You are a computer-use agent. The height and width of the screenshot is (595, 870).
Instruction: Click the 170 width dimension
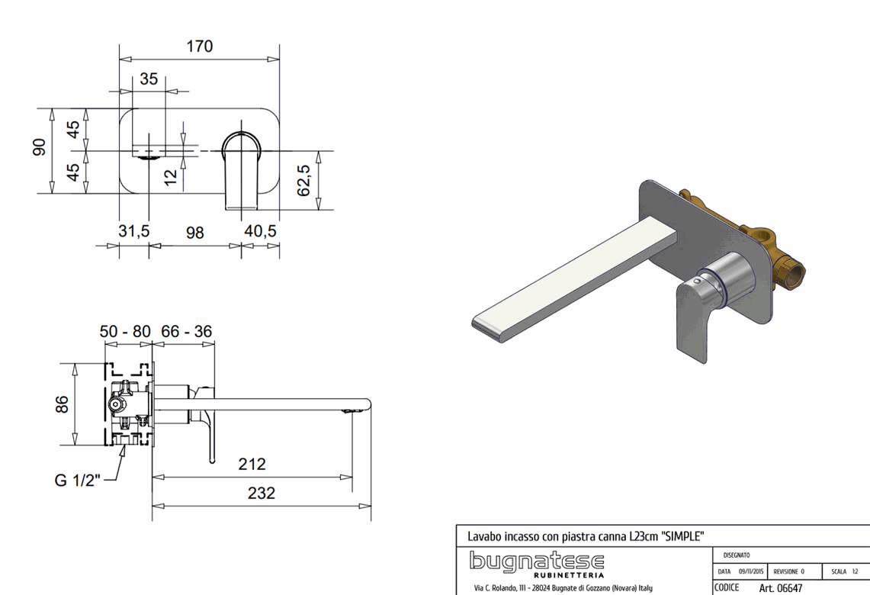coord(200,46)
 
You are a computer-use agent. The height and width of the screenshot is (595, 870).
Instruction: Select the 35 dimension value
coord(149,79)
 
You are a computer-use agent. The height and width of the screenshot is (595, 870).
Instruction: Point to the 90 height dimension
coord(40,147)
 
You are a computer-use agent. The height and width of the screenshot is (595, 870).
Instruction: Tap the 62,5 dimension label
coord(303,180)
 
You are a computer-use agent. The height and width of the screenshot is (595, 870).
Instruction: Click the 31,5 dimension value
coord(133,230)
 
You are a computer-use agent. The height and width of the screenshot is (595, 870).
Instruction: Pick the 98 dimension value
coord(194,232)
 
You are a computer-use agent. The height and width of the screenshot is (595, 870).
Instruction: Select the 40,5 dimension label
coord(260,230)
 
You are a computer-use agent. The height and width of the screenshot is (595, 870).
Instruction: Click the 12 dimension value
coord(171,177)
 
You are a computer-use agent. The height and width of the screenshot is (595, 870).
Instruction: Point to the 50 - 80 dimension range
coord(125,331)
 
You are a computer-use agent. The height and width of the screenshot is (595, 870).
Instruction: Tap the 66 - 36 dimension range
coord(186,331)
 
